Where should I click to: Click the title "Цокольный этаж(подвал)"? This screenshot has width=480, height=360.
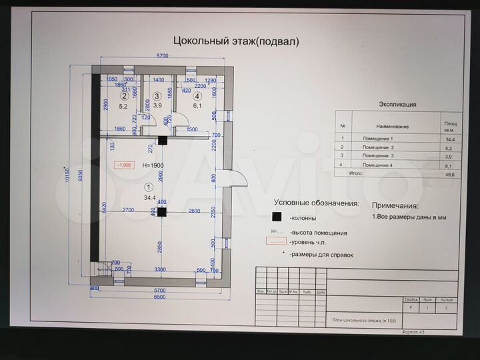pos(236,41)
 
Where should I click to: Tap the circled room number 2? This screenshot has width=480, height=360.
pos(124,96)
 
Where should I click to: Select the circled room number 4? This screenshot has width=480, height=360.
pos(197,96)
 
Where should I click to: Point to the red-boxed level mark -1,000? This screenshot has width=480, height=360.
pos(124,165)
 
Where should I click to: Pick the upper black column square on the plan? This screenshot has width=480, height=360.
pos(162,140)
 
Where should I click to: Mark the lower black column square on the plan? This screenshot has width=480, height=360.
pos(161,212)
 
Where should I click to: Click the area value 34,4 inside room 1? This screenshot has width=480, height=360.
pos(149,198)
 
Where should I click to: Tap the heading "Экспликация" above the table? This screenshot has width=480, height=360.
pos(397,105)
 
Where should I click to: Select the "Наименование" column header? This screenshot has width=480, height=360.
pos(392,126)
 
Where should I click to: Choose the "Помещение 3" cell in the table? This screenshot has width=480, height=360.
pos(378,155)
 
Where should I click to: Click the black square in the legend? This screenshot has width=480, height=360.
pos(276,217)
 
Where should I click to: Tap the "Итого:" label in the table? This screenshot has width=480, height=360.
pos(357,173)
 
